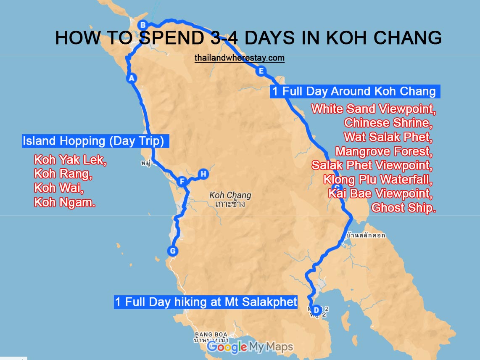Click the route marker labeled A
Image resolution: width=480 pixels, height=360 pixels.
click(132, 78)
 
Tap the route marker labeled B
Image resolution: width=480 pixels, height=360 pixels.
click(142, 25)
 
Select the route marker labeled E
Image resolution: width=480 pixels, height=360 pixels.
click(261, 71)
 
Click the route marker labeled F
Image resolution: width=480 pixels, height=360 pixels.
click(182, 182)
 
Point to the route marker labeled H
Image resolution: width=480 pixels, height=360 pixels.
click(203, 174)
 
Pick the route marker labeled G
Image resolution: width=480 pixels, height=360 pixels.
click(172, 251)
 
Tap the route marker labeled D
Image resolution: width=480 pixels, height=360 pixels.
click(316, 310)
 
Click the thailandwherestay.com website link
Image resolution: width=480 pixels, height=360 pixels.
click(240, 58)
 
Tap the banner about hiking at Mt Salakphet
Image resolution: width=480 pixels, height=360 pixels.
click(206, 302)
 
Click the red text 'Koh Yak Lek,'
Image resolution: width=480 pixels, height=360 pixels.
click(70, 160)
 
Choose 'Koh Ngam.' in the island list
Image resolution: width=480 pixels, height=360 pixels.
click(64, 203)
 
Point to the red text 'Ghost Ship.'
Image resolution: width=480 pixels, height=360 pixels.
click(403, 208)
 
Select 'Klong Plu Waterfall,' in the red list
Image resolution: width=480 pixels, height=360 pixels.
click(377, 180)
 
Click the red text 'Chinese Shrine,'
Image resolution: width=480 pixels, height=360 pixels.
click(388, 123)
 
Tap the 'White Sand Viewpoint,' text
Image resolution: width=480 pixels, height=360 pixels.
click(373, 109)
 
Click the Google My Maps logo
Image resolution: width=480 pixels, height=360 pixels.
click(250, 347)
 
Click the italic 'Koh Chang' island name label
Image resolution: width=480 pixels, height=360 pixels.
click(230, 195)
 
